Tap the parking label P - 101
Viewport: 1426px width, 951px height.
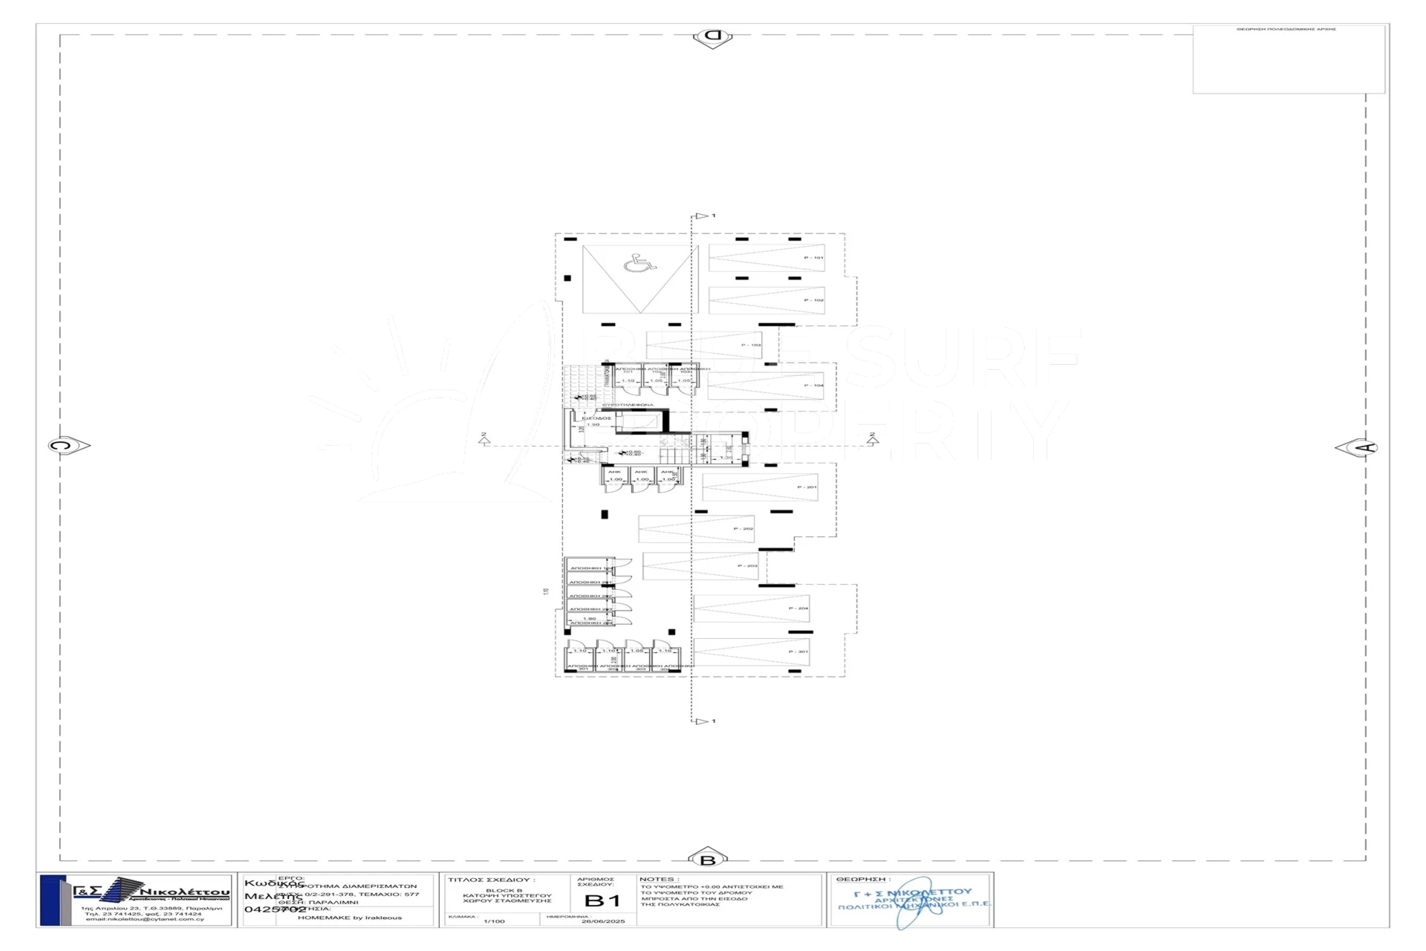[813, 258]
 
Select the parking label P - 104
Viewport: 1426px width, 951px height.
[813, 386]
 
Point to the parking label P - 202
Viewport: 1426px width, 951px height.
[743, 529]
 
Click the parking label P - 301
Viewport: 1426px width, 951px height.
[798, 652]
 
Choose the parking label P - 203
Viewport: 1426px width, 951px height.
[747, 566]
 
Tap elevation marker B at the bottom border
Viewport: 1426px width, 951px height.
[708, 860]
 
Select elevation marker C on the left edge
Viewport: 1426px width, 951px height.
[65, 446]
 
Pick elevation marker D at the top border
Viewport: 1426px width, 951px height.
[712, 36]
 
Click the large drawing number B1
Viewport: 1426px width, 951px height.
[602, 901]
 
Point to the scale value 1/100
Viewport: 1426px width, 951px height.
[494, 921]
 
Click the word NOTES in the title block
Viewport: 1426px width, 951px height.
[656, 880]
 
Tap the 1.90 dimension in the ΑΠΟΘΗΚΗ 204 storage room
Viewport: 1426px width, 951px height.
[589, 618]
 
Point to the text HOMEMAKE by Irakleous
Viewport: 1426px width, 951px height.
[349, 918]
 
